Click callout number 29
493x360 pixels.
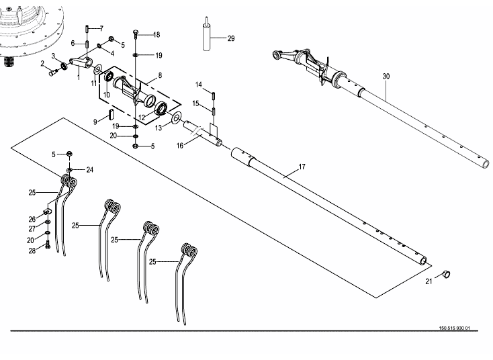(231, 38)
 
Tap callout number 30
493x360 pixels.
(386, 77)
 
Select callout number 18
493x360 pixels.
(156, 34)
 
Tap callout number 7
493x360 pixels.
(101, 28)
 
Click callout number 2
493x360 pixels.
(42, 63)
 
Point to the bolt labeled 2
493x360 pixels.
(53, 73)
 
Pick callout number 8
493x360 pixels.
(160, 76)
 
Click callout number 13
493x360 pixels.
(159, 126)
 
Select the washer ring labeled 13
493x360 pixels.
(175, 118)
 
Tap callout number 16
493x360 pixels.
(180, 145)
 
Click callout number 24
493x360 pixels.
(90, 169)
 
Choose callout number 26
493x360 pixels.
(32, 219)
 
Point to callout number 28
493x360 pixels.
(32, 251)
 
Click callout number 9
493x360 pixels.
(96, 122)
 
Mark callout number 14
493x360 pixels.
(199, 85)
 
